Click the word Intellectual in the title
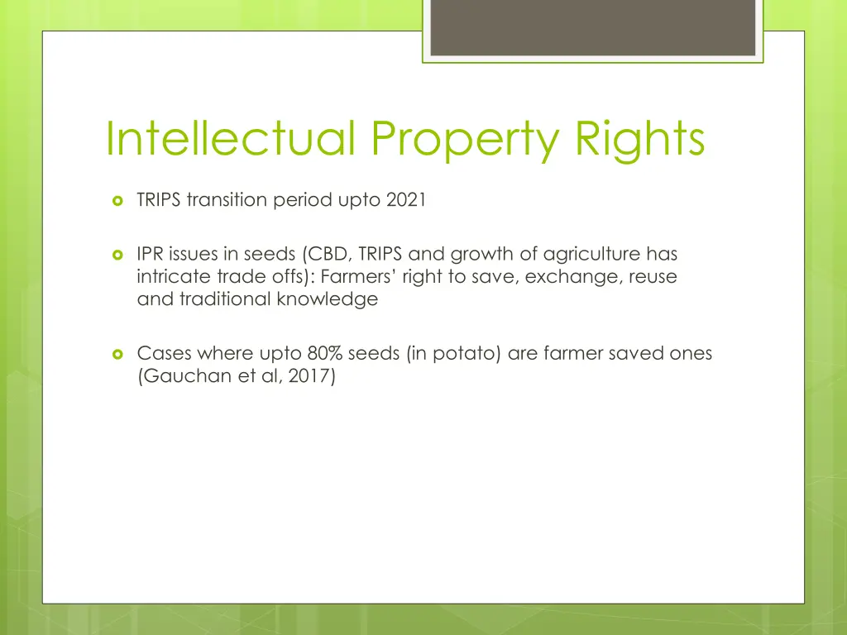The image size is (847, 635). pos(231,139)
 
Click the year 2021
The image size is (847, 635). pos(406,200)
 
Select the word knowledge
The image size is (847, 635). pos(329,299)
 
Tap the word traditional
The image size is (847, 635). pos(223,299)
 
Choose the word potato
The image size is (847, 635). pos(458,354)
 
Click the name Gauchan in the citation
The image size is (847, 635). pos(176,376)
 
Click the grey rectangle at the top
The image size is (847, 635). pos(593,27)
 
